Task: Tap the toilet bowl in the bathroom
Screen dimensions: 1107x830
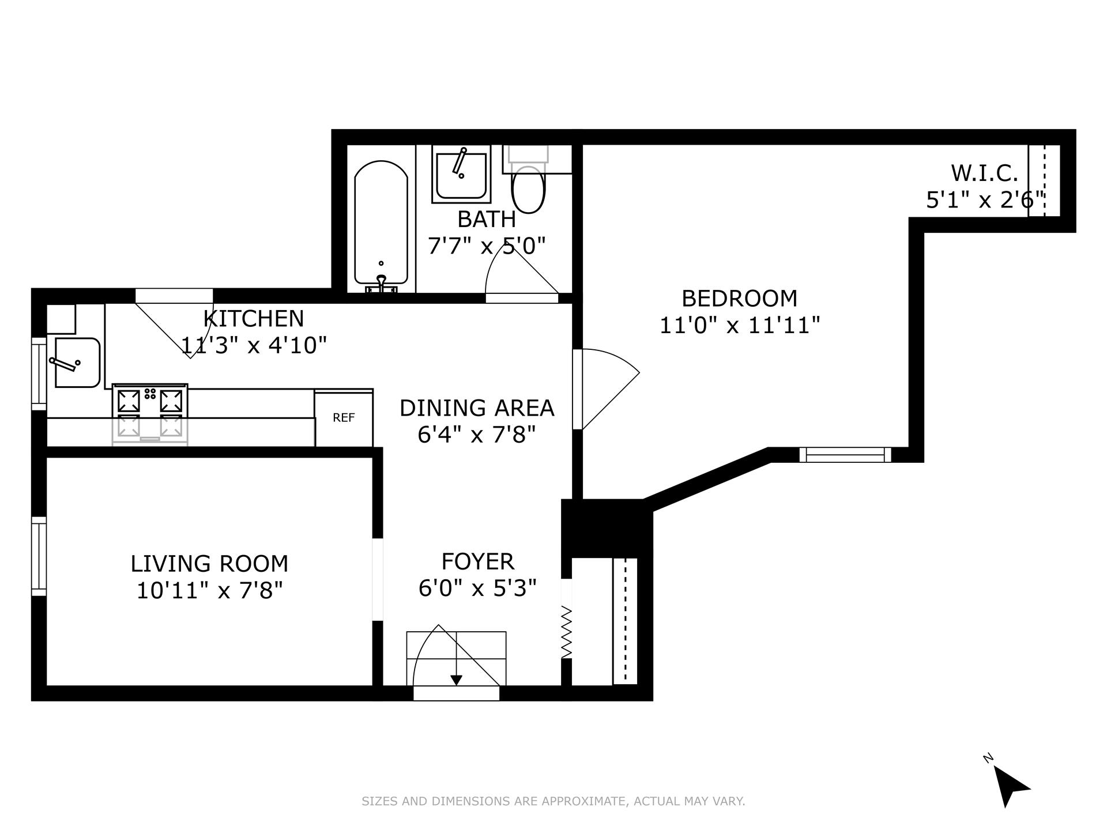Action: (x=528, y=190)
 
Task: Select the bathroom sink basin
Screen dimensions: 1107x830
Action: (x=461, y=175)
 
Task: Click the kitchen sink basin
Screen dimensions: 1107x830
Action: (x=77, y=362)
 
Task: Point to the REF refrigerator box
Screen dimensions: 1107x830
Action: (x=344, y=417)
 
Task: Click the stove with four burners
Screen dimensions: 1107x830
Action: (x=150, y=414)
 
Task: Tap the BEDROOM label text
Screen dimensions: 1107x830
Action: (x=740, y=299)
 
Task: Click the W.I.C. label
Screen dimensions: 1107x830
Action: (x=984, y=173)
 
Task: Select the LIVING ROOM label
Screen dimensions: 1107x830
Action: (x=209, y=564)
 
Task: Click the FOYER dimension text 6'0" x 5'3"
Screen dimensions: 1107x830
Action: (x=477, y=588)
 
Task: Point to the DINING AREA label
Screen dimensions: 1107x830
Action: (x=477, y=408)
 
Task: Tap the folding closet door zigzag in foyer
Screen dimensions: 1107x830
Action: (x=566, y=632)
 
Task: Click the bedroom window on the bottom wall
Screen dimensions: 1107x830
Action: (x=845, y=455)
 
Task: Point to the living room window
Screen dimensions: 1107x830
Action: (x=39, y=556)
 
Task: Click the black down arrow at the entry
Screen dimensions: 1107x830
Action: (x=457, y=680)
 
